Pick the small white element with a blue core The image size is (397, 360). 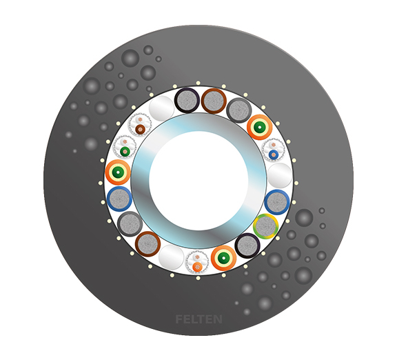click(x=274, y=150)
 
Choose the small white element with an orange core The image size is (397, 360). click(x=197, y=262)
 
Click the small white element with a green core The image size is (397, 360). click(x=125, y=148)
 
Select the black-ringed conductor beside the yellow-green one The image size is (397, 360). click(x=247, y=244)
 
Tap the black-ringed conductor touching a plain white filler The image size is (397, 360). click(x=187, y=101)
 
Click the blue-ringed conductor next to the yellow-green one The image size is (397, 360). click(x=276, y=202)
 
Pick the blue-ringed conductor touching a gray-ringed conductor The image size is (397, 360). click(x=119, y=199)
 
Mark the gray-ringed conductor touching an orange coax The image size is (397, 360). click(x=239, y=109)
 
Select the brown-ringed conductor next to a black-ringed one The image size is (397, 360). click(x=213, y=101)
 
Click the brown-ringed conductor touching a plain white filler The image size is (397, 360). click(x=148, y=243)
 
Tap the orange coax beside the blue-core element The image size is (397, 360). click(x=260, y=127)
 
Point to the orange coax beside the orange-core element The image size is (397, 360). click(x=223, y=258)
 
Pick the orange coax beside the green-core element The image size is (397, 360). click(x=118, y=172)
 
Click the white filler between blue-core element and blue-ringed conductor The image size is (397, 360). click(x=279, y=176)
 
